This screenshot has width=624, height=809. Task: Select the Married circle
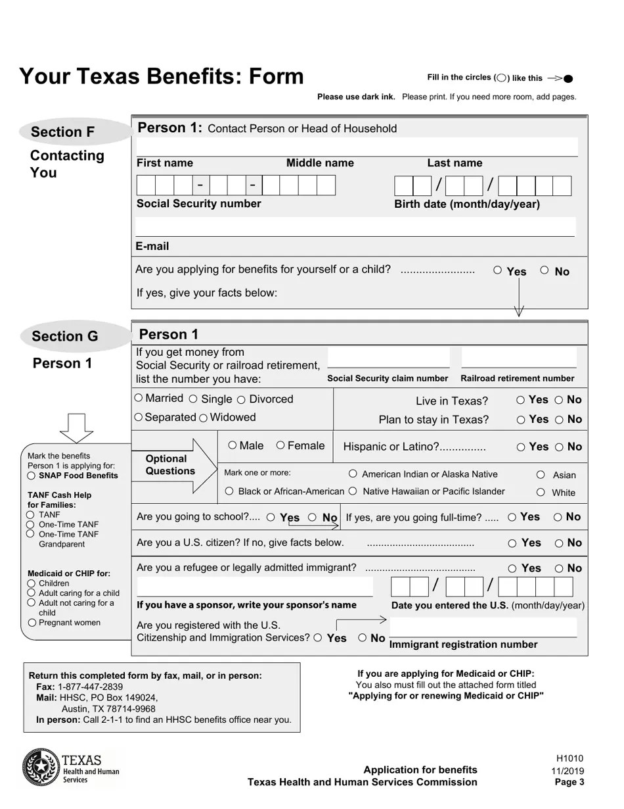point(139,398)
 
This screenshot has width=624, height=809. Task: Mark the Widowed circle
point(204,418)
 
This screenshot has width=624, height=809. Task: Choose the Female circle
point(280,445)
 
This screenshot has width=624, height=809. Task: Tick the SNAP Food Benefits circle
point(31,476)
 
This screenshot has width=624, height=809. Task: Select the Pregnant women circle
point(31,622)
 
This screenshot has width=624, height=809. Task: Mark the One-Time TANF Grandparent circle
point(30,534)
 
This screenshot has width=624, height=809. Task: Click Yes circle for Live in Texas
point(520,400)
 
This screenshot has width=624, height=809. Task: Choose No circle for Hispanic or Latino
point(559,447)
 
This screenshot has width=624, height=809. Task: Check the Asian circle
point(541,474)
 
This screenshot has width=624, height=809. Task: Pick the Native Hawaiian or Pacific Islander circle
point(353,491)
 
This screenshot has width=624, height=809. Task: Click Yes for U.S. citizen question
point(512,543)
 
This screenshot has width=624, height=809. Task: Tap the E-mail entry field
point(355,227)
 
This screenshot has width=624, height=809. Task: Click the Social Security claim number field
point(388,358)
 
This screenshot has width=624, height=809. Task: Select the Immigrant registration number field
point(483,627)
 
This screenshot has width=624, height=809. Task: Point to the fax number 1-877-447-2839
point(90,687)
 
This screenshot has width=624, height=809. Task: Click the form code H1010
point(569,758)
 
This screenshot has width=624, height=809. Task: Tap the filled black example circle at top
point(568,79)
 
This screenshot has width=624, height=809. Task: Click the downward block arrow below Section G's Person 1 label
point(77,428)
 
